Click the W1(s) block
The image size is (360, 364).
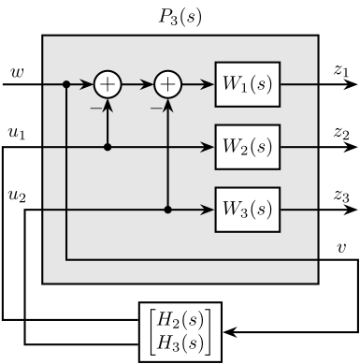coord(248,84)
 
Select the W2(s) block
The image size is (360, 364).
coord(248,147)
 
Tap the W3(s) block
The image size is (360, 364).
coord(248,210)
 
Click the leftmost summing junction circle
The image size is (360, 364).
coord(108,84)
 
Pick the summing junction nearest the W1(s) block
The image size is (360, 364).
coord(168,84)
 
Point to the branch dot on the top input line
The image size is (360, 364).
coord(66,84)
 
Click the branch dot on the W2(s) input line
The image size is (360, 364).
coord(108,147)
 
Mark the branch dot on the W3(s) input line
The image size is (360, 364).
coord(168,210)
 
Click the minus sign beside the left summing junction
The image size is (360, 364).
coord(94,108)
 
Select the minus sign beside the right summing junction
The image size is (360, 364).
coord(155,108)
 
